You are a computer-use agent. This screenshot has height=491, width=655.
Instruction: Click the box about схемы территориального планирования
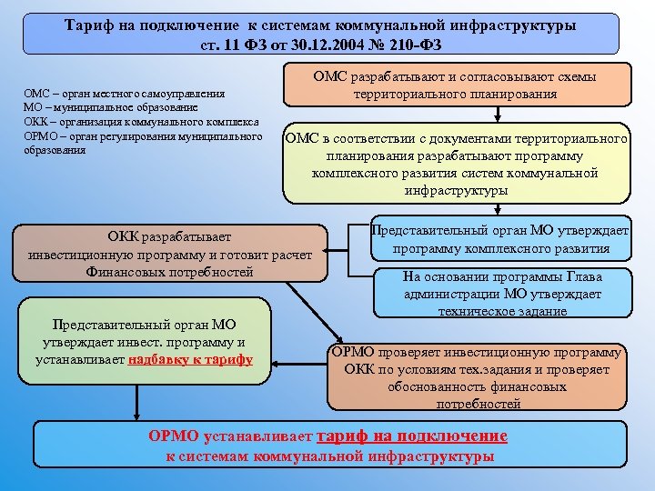click(456, 85)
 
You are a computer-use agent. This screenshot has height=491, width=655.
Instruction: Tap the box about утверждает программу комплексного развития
click(501, 239)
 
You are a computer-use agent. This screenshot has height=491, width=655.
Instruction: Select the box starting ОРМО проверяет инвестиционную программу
click(477, 376)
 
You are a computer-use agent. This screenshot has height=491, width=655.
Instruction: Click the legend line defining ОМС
click(136, 93)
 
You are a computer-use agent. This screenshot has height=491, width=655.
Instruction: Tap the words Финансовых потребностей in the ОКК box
click(169, 272)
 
